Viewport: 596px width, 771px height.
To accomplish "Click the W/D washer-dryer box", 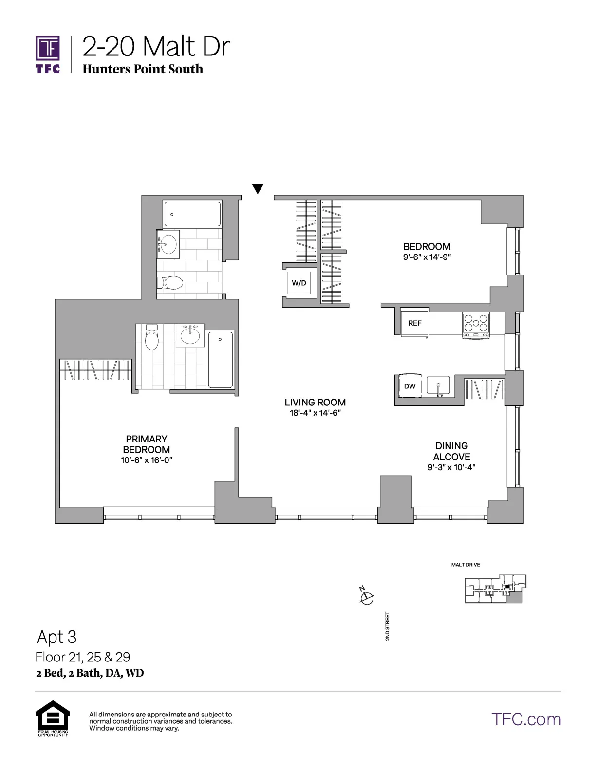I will tap(299, 283).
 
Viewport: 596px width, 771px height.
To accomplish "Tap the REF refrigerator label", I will tap(415, 323).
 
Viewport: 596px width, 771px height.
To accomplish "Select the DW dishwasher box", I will tap(410, 386).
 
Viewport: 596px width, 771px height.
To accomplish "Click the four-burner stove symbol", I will tap(476, 323).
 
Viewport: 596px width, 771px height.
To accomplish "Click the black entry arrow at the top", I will tap(258, 189).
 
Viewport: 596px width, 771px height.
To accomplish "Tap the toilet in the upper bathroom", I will tap(169, 283).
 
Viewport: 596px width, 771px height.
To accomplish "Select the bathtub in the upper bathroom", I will tap(192, 214).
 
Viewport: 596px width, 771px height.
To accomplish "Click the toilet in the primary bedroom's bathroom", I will tap(152, 338).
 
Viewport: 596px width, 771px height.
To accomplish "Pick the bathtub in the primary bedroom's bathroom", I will tap(221, 360).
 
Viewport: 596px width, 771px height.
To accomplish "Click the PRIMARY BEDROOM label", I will tap(146, 444).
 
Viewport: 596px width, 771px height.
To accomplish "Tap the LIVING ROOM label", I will tap(315, 403).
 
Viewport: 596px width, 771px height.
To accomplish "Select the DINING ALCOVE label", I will tap(451, 451).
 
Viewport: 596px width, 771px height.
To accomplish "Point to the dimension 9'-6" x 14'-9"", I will tap(427, 257).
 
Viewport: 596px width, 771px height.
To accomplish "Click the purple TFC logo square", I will tap(48, 49).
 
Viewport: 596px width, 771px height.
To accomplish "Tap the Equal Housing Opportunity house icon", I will tap(53, 716).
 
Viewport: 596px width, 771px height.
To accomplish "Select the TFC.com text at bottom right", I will tap(526, 719).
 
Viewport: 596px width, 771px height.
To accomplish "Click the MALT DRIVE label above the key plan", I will tap(466, 565).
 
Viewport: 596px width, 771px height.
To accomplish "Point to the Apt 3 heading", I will tap(57, 637).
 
